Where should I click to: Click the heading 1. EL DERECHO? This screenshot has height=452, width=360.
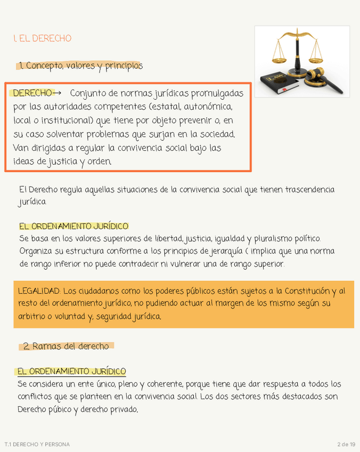(x=42, y=38)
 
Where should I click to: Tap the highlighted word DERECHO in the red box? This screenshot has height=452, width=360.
(x=32, y=93)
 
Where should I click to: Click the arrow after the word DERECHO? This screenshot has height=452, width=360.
(x=58, y=93)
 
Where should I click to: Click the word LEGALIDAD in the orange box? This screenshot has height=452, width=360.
(x=39, y=291)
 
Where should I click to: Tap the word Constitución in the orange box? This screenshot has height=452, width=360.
(x=307, y=291)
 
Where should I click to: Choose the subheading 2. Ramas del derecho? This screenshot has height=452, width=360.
(x=66, y=346)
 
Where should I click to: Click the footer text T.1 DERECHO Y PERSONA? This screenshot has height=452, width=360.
(x=37, y=444)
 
